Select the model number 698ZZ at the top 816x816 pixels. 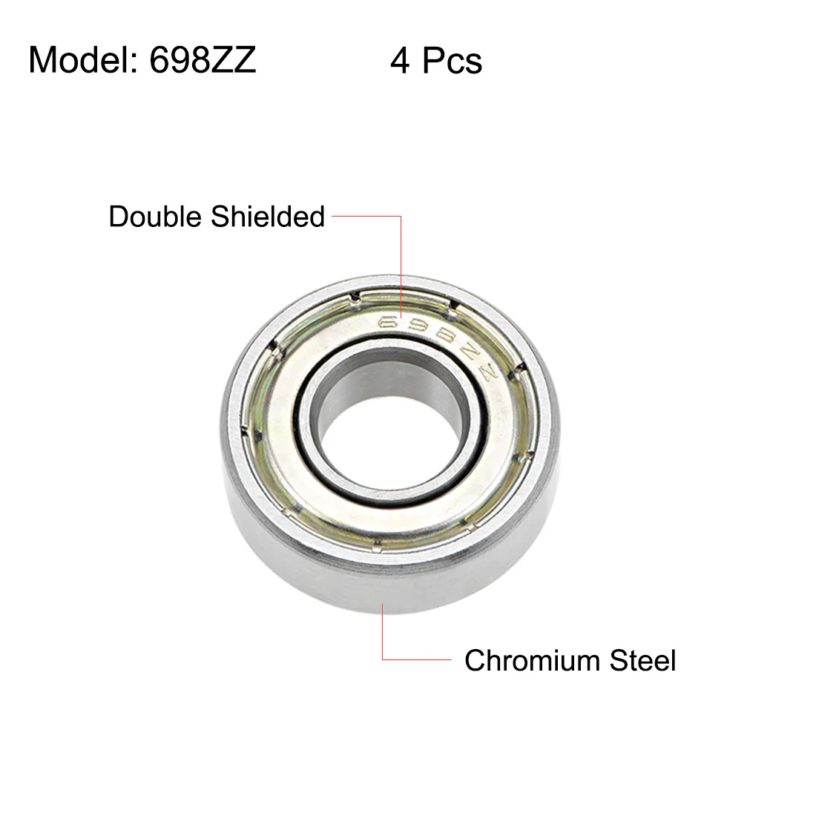[203, 60]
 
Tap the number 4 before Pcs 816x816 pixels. [399, 61]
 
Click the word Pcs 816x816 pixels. [452, 61]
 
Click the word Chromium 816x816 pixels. [533, 660]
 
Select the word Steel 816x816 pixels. [642, 660]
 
